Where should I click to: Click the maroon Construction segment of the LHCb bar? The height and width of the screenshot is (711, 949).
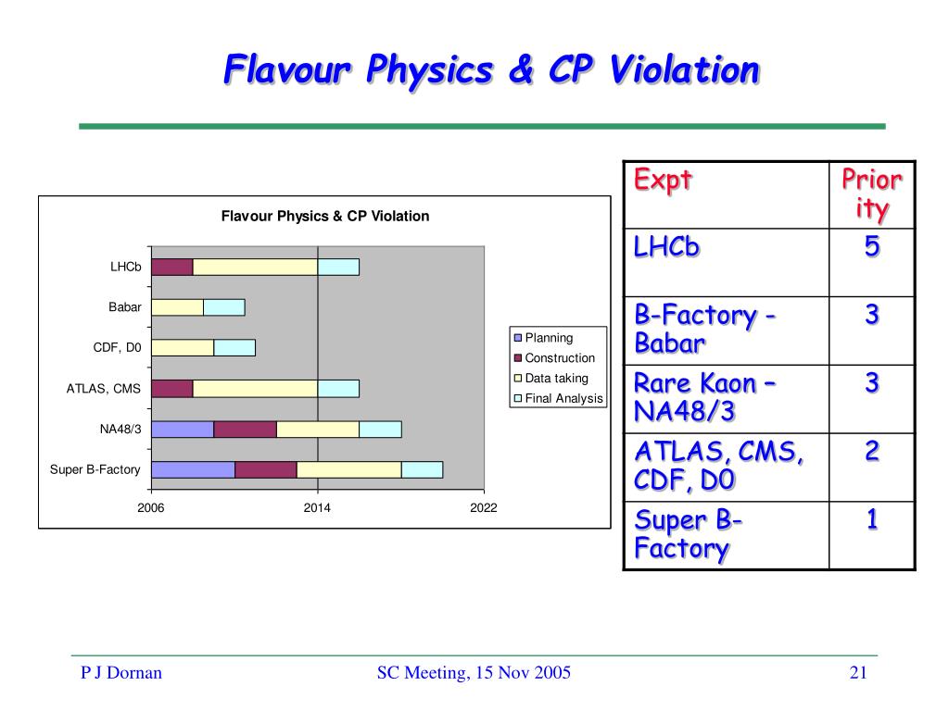172,267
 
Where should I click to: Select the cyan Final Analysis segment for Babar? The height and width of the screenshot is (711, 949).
224,307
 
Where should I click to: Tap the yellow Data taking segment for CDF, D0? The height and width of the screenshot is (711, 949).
183,348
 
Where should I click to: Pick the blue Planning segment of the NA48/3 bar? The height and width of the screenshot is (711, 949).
183,430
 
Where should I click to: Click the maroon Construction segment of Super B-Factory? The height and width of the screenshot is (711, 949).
266,469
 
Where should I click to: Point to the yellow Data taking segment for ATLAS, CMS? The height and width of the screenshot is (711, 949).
256,389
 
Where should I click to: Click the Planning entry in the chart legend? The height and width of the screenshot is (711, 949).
543,337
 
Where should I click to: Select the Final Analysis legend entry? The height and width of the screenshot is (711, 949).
559,398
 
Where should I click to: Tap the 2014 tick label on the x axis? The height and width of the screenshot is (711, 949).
317,508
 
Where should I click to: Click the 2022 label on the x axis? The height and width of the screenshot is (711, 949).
484,508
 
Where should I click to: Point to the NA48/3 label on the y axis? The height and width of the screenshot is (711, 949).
120,430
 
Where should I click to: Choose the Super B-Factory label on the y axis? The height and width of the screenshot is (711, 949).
95,469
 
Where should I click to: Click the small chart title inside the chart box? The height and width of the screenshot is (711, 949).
325,216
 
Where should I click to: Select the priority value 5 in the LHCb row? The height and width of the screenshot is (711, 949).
871,246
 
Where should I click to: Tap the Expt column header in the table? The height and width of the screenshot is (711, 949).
663,181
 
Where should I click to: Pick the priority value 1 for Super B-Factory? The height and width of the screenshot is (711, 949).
871,519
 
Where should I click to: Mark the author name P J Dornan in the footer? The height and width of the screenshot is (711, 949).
121,672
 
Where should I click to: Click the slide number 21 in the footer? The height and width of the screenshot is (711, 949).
858,672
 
